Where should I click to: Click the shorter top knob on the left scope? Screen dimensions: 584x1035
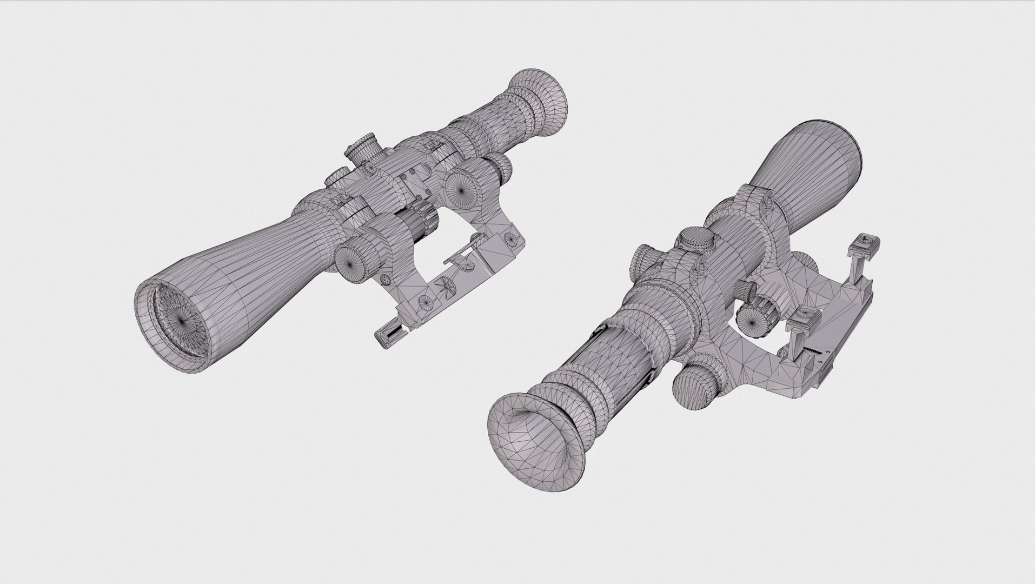[338, 176]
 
